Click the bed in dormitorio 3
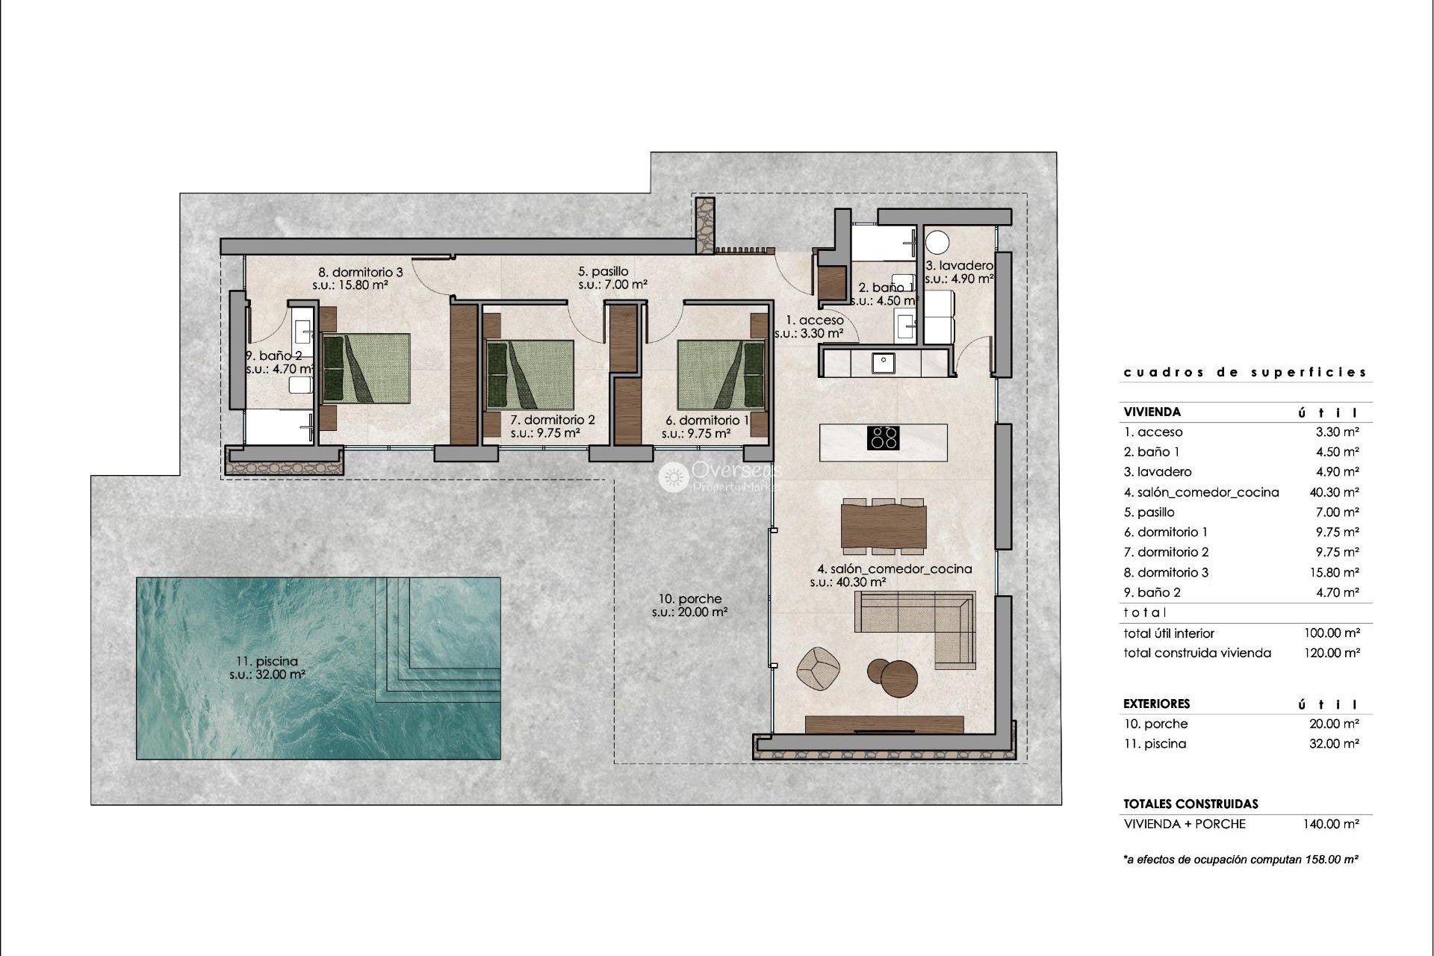click(x=366, y=368)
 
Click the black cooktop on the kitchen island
click(x=883, y=437)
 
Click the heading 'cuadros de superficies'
click(x=1245, y=372)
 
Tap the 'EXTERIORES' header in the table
click(x=1157, y=704)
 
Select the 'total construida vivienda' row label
click(x=1197, y=653)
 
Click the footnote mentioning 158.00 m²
click(x=1241, y=860)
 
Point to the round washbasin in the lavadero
click(x=937, y=243)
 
